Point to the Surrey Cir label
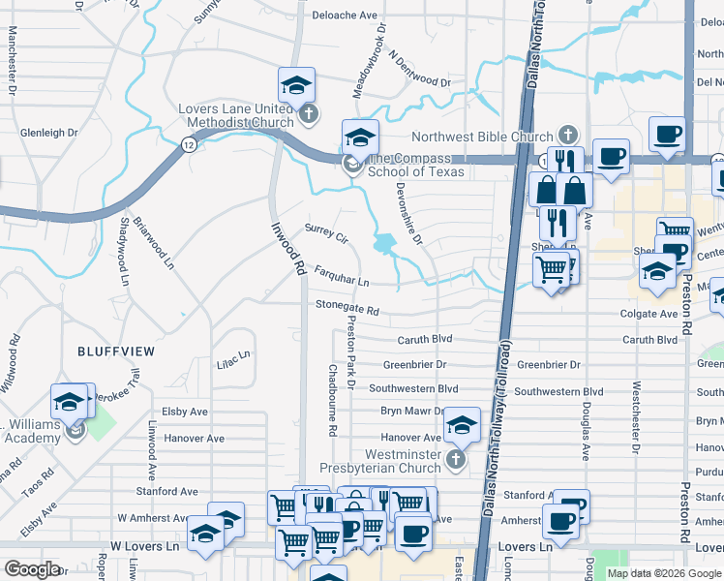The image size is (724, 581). point(326,233)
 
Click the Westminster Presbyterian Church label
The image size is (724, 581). point(403,461)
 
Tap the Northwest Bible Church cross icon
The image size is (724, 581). point(567,137)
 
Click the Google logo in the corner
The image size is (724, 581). point(32,569)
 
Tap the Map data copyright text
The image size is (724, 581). point(664,573)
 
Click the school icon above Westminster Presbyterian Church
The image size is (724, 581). point(463,424)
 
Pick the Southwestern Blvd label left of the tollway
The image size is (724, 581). point(419,388)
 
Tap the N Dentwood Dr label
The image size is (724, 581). point(420,71)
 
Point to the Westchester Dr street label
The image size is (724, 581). point(636,407)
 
